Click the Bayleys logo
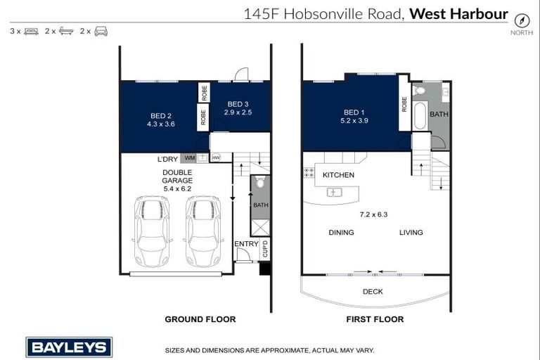69,347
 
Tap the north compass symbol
521,20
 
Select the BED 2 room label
161,116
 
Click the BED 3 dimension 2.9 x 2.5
238,112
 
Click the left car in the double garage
152,231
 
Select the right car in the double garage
203,231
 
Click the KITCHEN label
338,175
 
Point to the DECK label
373,291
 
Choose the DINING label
341,233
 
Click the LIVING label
411,233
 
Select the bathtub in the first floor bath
420,116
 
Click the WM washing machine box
189,158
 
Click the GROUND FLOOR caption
200,319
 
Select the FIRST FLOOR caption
375,319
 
